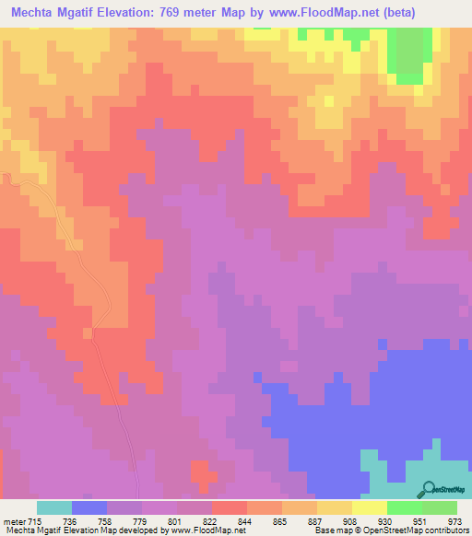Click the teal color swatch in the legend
tap(54, 507)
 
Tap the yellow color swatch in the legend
tap(368, 507)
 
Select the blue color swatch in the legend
tap(89, 507)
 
